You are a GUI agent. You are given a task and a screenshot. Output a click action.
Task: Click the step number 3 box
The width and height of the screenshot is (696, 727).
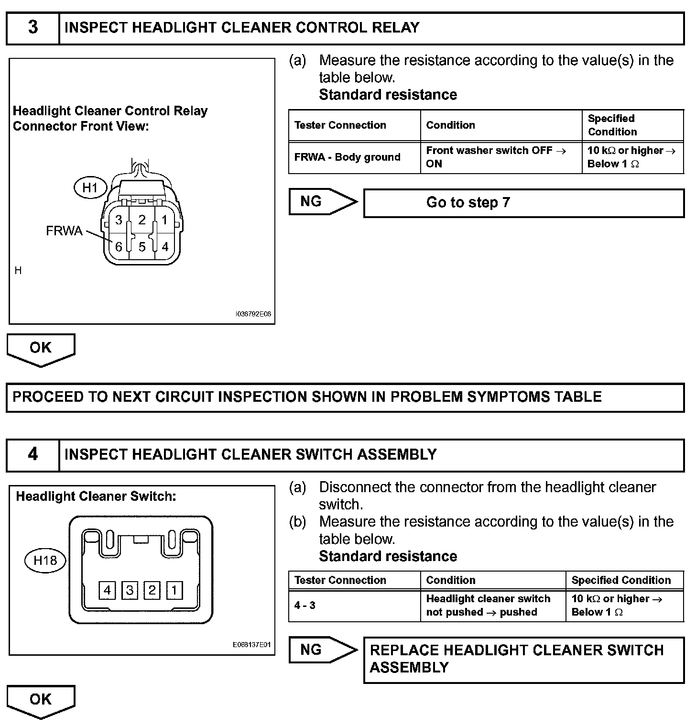click(33, 28)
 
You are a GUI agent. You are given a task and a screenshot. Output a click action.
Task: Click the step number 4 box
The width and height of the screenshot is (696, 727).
click(33, 454)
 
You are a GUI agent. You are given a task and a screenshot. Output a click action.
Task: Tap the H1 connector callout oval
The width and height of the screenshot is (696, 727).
click(90, 187)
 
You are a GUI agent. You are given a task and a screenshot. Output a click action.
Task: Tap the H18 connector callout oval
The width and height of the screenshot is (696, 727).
click(45, 560)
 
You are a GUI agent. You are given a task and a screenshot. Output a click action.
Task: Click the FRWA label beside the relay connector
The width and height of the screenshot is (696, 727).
click(64, 231)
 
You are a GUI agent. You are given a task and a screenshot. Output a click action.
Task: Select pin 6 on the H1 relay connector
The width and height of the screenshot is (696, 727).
click(118, 247)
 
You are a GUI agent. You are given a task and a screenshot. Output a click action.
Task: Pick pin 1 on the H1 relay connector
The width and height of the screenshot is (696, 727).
click(164, 220)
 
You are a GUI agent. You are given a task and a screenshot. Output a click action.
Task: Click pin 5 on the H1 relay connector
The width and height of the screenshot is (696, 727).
click(142, 247)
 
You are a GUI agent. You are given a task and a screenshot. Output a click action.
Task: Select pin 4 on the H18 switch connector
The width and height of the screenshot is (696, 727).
click(107, 590)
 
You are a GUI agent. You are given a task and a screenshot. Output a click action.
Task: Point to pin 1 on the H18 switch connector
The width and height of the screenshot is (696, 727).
click(174, 590)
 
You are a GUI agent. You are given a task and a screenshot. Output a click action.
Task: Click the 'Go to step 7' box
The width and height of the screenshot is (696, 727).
click(523, 203)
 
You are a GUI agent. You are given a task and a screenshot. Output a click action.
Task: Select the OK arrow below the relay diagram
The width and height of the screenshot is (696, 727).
click(41, 349)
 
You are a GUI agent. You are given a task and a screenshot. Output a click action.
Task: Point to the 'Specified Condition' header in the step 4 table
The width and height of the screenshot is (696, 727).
click(621, 580)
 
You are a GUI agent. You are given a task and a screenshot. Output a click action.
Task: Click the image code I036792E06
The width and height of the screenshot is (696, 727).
click(253, 314)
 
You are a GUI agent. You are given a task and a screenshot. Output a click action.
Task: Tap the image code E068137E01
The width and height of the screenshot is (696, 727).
click(252, 645)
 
